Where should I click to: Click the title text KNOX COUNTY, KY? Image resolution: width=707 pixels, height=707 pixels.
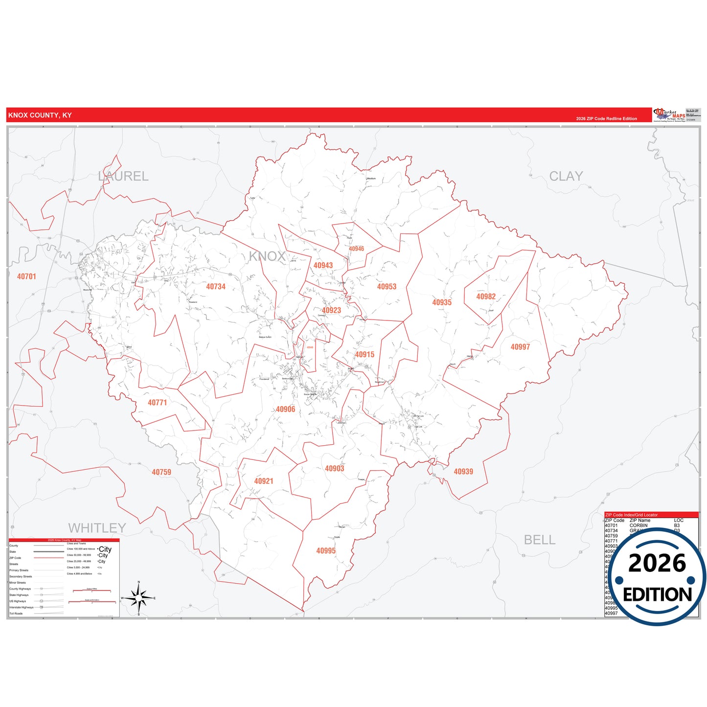click(40, 115)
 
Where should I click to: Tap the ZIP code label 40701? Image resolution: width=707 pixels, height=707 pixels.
click(26, 276)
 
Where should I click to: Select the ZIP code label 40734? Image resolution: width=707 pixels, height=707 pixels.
click(215, 287)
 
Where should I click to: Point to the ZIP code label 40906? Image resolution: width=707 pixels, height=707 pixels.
click(285, 410)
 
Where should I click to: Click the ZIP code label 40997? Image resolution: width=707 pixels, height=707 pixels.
click(520, 347)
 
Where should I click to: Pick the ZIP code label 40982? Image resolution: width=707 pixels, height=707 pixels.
click(486, 296)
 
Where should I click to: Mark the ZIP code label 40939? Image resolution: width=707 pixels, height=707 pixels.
click(463, 472)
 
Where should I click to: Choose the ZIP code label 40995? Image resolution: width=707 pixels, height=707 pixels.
click(326, 551)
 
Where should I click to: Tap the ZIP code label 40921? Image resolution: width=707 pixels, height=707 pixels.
click(263, 481)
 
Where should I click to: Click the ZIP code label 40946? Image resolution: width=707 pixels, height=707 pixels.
click(356, 249)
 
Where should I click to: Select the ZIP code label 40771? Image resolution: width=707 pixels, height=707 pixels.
click(157, 403)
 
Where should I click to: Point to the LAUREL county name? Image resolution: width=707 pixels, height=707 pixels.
click(123, 176)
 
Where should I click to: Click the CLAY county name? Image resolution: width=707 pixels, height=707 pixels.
click(566, 176)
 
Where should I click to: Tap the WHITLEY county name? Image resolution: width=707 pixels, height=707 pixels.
click(97, 528)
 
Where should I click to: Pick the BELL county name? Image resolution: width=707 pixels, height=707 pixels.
click(539, 540)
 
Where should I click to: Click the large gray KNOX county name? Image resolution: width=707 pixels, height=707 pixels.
click(267, 256)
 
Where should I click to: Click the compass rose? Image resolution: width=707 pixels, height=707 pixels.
click(139, 598)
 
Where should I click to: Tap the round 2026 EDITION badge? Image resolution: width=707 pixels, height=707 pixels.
click(657, 577)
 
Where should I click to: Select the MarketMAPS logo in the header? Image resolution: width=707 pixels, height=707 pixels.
click(669, 115)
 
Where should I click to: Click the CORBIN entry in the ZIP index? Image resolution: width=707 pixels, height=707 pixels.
click(638, 525)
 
